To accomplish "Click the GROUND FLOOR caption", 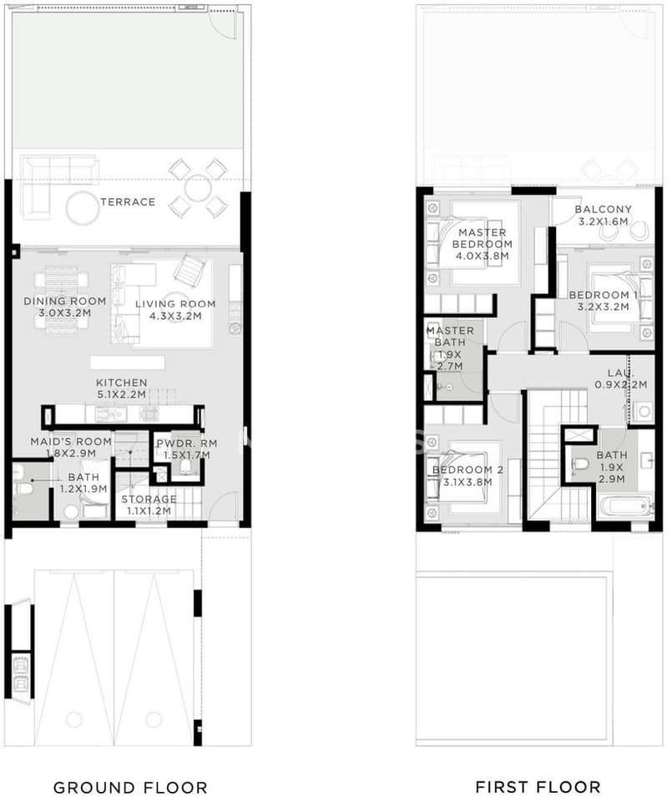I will [130, 787].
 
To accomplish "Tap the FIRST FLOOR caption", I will [538, 787].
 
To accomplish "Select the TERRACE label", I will [128, 201].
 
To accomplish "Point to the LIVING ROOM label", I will [175, 304].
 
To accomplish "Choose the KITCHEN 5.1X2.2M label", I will [122, 388].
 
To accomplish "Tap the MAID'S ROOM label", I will [71, 442].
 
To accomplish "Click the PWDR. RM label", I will [187, 444].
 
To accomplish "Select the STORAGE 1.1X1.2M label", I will [149, 505].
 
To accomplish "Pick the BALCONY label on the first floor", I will [604, 210].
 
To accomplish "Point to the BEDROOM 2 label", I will [467, 470].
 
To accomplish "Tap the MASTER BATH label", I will [450, 331].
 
